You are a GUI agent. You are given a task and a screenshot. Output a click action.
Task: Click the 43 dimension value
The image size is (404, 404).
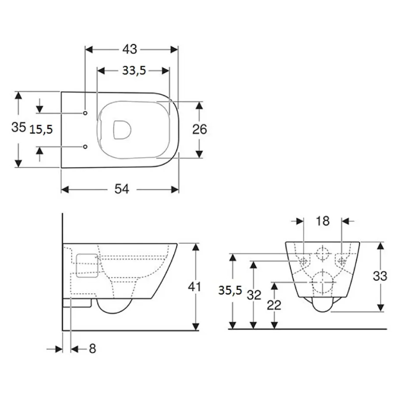pos(130,49)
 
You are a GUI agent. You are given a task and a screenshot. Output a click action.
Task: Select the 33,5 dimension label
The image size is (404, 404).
pos(134,70)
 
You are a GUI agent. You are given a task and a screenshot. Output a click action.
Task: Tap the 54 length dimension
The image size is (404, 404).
pos(122,189)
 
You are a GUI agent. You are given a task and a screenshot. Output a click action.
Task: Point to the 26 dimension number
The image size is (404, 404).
pos(199,129)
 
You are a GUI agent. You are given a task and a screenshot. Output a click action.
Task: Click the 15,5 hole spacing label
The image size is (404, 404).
pos(41,129)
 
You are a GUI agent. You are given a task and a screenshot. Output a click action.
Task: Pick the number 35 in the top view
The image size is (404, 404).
pos(19,127)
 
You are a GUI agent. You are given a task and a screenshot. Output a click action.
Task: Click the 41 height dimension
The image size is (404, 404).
pos(194,286)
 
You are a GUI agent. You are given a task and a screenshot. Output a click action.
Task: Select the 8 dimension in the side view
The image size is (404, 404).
pos(92,349)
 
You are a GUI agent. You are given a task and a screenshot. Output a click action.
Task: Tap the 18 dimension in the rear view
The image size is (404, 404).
pos(323,221)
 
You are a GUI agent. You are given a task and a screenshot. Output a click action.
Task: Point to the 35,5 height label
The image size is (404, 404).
pos(230,290)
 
